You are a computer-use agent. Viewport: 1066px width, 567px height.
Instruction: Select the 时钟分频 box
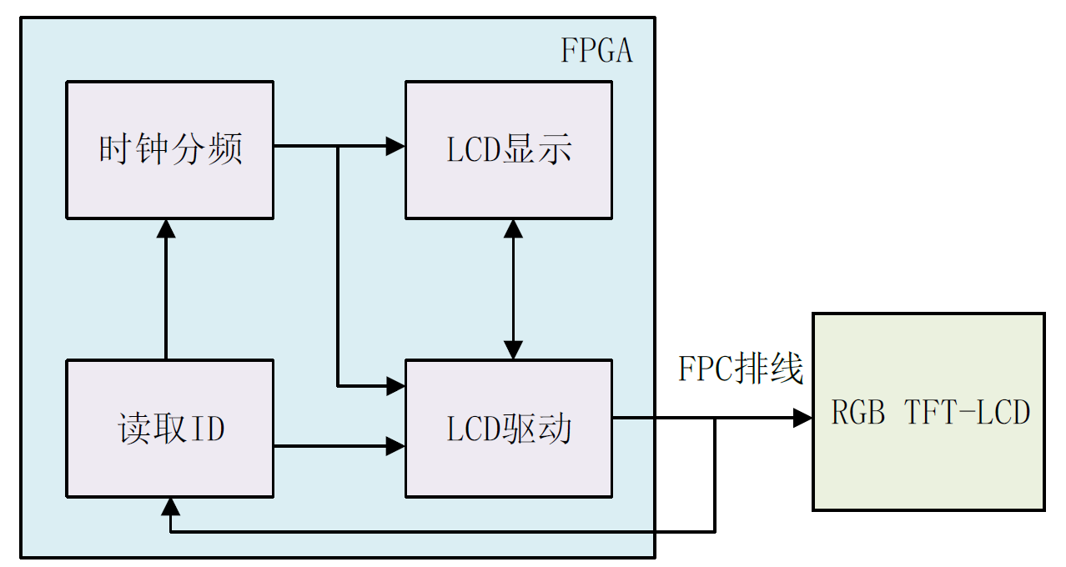pyautogui.click(x=170, y=150)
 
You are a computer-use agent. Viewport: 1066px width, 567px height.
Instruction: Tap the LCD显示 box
pyautogui.click(x=509, y=150)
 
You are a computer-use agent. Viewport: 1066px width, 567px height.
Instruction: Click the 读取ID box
pyautogui.click(x=170, y=429)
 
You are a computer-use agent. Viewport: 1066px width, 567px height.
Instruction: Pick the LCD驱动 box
pyautogui.click(x=509, y=429)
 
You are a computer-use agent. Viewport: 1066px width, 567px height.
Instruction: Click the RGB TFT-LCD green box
pyautogui.click(x=928, y=411)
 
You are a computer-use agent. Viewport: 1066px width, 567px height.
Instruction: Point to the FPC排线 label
pyautogui.click(x=741, y=369)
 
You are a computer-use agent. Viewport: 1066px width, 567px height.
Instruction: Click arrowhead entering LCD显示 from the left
pyautogui.click(x=395, y=147)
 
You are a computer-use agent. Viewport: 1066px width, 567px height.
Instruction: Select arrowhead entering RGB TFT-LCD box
pyautogui.click(x=802, y=418)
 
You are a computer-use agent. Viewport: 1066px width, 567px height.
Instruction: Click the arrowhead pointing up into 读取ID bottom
pyautogui.click(x=170, y=506)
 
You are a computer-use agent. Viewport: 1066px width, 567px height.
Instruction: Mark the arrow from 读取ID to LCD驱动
pyautogui.click(x=334, y=447)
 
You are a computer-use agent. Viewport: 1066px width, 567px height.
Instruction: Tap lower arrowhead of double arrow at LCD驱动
pyautogui.click(x=513, y=349)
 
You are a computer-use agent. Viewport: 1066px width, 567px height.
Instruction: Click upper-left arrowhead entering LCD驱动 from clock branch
pyautogui.click(x=395, y=385)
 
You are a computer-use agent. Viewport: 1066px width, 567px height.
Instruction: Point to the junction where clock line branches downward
pyautogui.click(x=338, y=147)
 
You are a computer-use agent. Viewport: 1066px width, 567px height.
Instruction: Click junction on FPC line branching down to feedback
pyautogui.click(x=715, y=418)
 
